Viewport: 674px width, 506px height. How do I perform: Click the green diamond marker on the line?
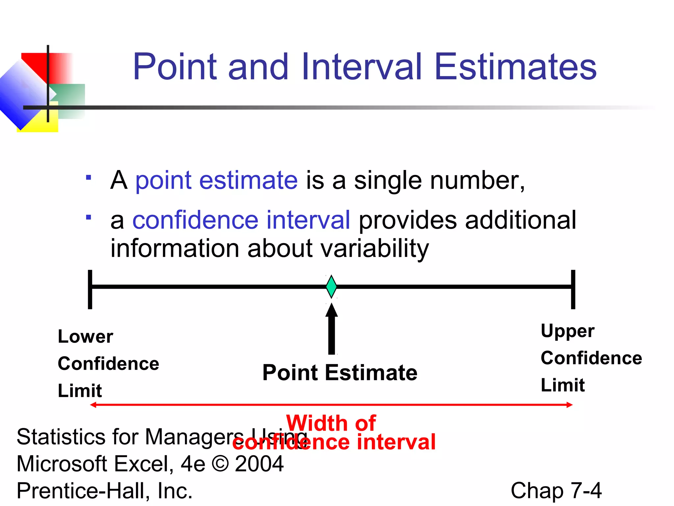(x=331, y=287)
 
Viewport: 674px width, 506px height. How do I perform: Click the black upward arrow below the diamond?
(x=332, y=329)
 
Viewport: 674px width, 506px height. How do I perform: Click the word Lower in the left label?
(x=85, y=337)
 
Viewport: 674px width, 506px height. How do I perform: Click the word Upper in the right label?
(x=567, y=331)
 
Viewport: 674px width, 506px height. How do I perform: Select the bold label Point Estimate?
(x=340, y=373)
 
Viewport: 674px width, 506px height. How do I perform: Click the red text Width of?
(x=331, y=423)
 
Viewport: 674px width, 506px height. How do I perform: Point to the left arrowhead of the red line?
(x=93, y=405)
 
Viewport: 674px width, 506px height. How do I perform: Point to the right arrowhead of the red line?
(x=570, y=405)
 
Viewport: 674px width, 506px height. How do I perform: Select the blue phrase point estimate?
(x=216, y=181)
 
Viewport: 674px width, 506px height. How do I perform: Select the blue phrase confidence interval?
(x=241, y=220)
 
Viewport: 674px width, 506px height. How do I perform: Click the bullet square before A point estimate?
(x=88, y=178)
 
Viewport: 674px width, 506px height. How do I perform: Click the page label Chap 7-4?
(x=556, y=491)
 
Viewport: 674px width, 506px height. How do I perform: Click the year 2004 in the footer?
(x=259, y=464)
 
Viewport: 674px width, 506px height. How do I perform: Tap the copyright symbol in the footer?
(x=220, y=464)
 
